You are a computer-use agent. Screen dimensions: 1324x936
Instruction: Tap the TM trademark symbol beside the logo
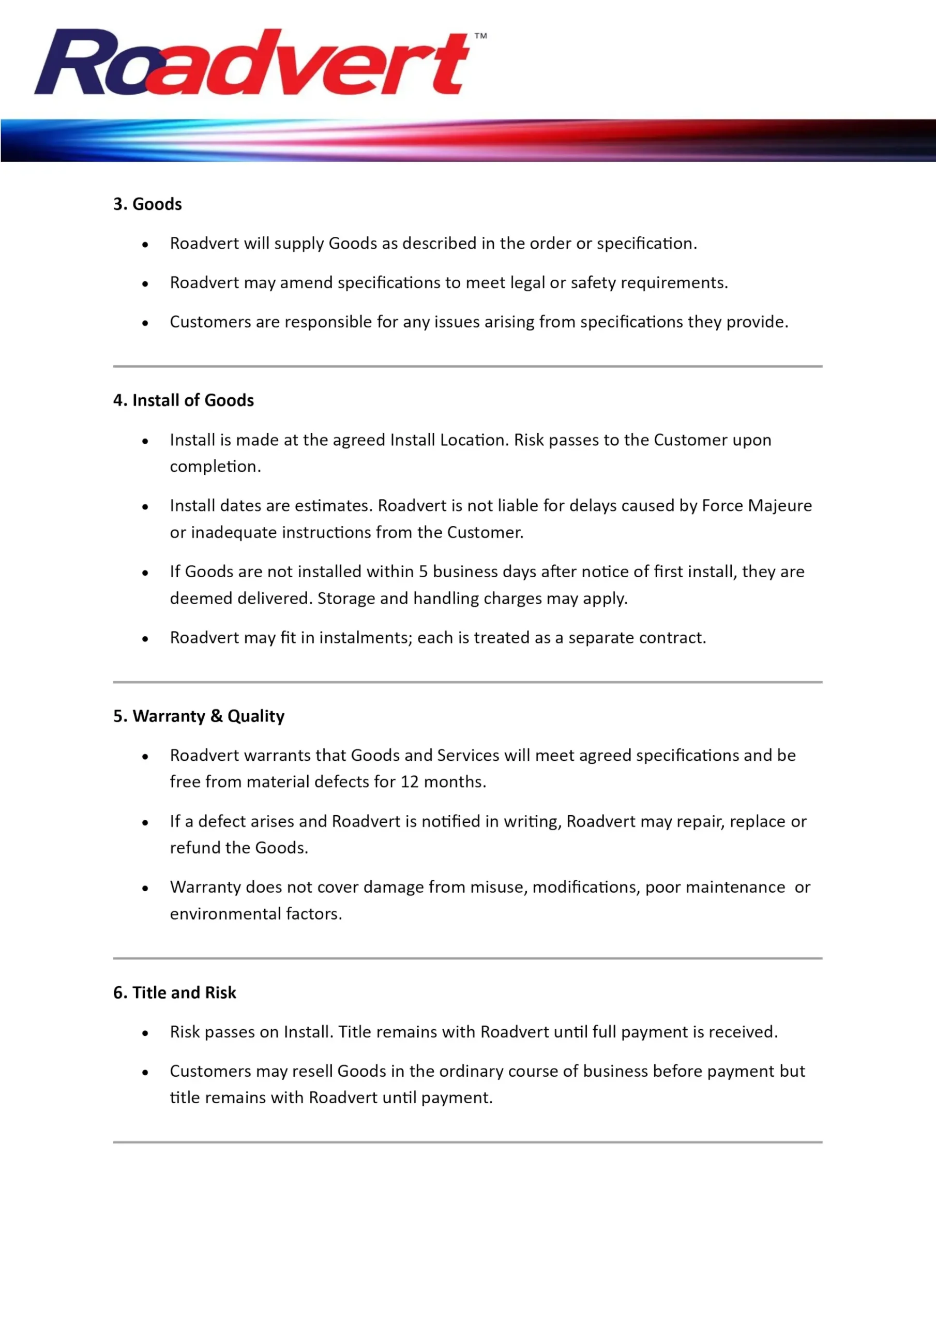click(x=480, y=36)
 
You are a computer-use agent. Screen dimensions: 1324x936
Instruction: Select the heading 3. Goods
click(x=147, y=204)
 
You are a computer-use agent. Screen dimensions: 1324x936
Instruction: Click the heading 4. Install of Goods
click(x=184, y=400)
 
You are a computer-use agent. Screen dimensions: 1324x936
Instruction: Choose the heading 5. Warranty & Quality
click(x=199, y=716)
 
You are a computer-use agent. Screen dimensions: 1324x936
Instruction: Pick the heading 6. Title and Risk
click(x=174, y=992)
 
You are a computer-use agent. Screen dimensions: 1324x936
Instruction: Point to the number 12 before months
click(x=410, y=782)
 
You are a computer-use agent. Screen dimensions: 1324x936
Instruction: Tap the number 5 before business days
click(x=424, y=571)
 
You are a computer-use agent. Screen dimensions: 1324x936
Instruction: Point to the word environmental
click(x=227, y=914)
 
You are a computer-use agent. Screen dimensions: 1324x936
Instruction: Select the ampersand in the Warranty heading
click(x=217, y=716)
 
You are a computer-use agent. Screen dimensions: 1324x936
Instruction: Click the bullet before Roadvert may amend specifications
click(x=145, y=284)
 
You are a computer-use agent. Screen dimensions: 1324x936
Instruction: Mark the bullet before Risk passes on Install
click(x=145, y=1033)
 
